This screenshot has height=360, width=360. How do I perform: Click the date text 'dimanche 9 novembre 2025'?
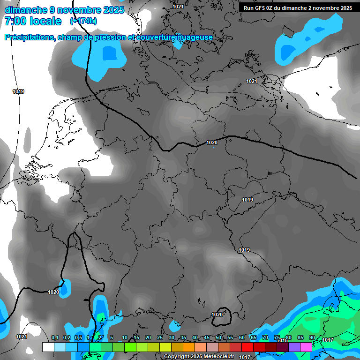tap(64, 10)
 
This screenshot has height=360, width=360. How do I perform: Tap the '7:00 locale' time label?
tap(33, 21)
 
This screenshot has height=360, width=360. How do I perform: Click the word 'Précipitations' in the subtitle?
tap(29, 37)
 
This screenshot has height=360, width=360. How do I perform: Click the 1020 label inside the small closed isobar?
tap(217, 315)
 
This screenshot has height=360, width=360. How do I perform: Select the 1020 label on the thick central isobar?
tap(212, 142)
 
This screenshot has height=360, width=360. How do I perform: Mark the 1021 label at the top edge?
tap(178, 7)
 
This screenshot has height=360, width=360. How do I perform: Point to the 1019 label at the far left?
tap(18, 91)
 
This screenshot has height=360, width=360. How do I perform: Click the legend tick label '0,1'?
tap(54, 337)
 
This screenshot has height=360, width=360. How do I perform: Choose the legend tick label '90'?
tap(312, 337)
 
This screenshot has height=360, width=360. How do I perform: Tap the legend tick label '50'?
tap(218, 337)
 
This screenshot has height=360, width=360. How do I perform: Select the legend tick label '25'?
tap(160, 337)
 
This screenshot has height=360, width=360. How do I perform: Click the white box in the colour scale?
tap(48, 347)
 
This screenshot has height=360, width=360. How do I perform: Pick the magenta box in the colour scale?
tap(306, 347)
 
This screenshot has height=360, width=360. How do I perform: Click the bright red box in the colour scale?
tap(247, 347)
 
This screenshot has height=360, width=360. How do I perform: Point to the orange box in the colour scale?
tap(188, 347)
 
